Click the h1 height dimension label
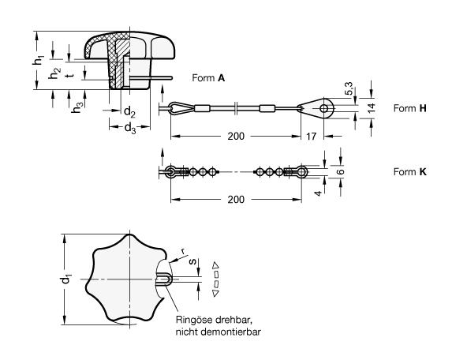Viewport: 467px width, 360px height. (39, 59)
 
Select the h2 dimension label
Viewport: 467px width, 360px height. (54, 73)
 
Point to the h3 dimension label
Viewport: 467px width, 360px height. (77, 107)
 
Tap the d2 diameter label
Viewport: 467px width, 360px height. (129, 112)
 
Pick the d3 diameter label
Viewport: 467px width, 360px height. (130, 129)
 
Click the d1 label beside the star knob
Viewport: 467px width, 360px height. (65, 279)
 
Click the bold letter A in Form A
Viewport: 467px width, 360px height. (221, 78)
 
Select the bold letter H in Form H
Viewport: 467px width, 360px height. (423, 108)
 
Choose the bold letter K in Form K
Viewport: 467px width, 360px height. (423, 172)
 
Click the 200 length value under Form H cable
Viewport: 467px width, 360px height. (236, 137)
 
